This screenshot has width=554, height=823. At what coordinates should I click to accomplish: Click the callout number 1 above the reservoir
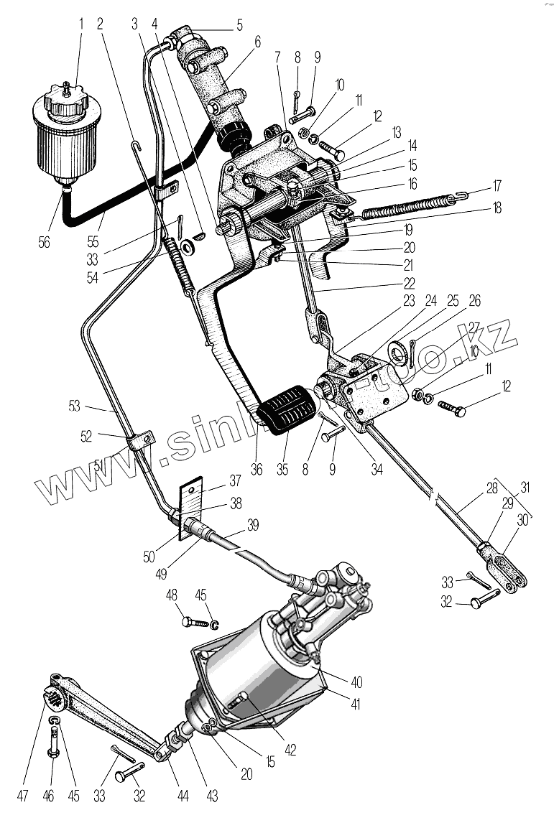(x=81, y=23)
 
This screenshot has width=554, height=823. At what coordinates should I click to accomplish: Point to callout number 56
(x=44, y=243)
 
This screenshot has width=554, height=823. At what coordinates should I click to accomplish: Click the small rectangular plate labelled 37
(x=193, y=496)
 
